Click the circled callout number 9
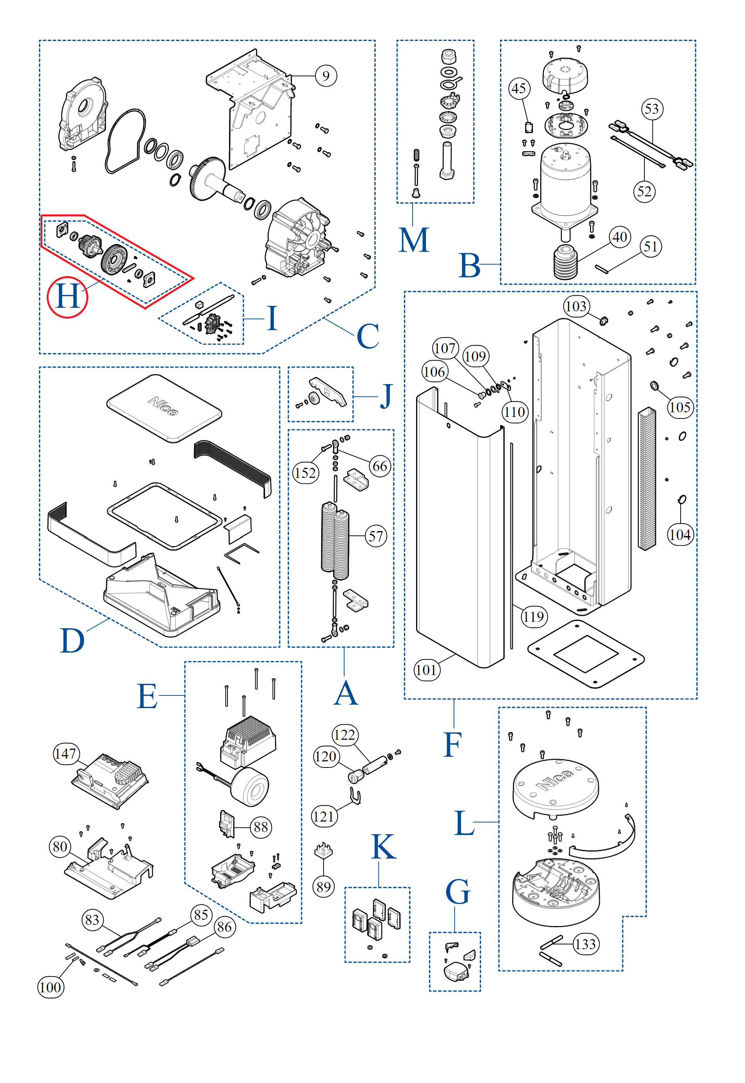point(326,76)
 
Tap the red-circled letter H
point(68,297)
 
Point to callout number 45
point(519,88)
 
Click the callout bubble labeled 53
point(652,109)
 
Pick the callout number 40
point(619,237)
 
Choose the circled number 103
point(576,307)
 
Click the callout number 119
point(533,617)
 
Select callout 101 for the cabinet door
point(426,670)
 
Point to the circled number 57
point(376,536)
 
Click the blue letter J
point(386,396)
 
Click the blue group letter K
point(384,847)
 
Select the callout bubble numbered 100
point(51,987)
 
